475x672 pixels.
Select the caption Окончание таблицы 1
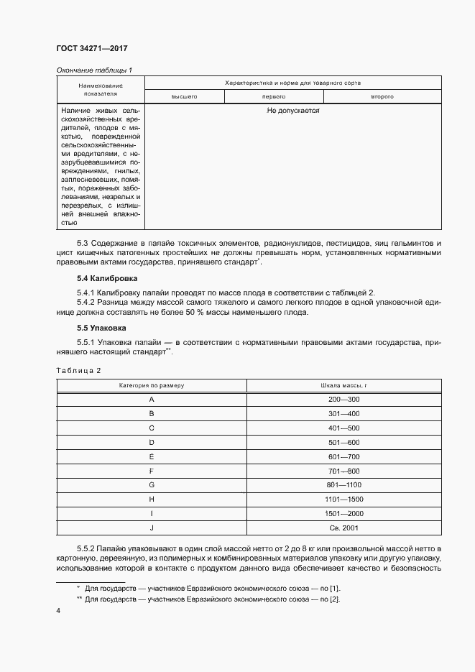[94, 70]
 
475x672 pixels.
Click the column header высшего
[185, 96]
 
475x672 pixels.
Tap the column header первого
[275, 96]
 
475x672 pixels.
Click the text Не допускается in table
[292, 111]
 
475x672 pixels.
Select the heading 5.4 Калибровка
[108, 278]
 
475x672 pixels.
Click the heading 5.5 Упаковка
[103, 328]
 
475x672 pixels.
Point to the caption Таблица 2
[78, 370]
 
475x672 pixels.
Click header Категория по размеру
[152, 385]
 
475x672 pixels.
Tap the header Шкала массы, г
[344, 385]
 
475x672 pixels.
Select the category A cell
[152, 399]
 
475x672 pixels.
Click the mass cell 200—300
[344, 399]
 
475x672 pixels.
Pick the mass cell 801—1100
[344, 485]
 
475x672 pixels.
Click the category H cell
[152, 500]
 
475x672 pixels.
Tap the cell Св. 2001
[344, 528]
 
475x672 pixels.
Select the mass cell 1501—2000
[344, 514]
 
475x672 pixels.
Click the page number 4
[58, 611]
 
